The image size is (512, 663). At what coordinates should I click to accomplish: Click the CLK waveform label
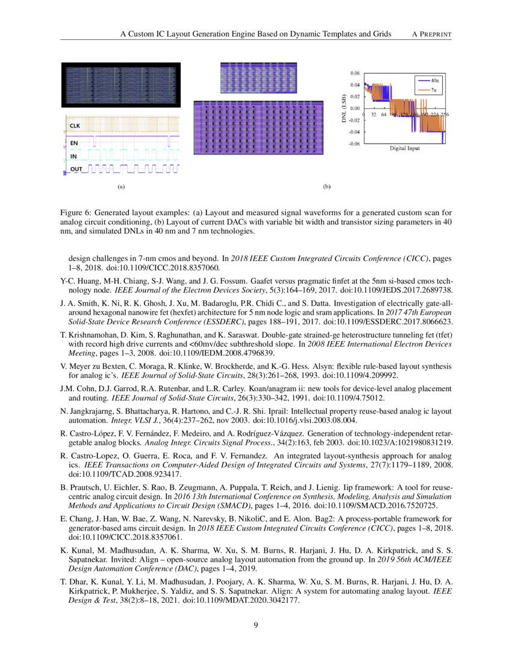pyautogui.click(x=75, y=125)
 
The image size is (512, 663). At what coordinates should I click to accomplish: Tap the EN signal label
pyautogui.click(x=74, y=143)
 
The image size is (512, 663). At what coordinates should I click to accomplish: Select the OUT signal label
pyautogui.click(x=76, y=169)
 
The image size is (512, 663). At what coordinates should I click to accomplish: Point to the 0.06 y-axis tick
pyautogui.click(x=355, y=73)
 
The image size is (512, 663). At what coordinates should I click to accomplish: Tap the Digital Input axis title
pyautogui.click(x=404, y=148)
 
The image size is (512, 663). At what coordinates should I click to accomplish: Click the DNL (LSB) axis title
pyautogui.click(x=343, y=108)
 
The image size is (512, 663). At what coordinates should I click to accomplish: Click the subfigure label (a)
pyautogui.click(x=120, y=187)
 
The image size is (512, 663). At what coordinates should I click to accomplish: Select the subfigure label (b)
pyautogui.click(x=326, y=187)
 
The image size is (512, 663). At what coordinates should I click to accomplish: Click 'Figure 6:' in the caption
pyautogui.click(x=75, y=213)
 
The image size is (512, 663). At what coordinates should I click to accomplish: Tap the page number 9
pyautogui.click(x=255, y=625)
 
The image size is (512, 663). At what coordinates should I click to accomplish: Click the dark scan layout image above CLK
pyautogui.click(x=121, y=85)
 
